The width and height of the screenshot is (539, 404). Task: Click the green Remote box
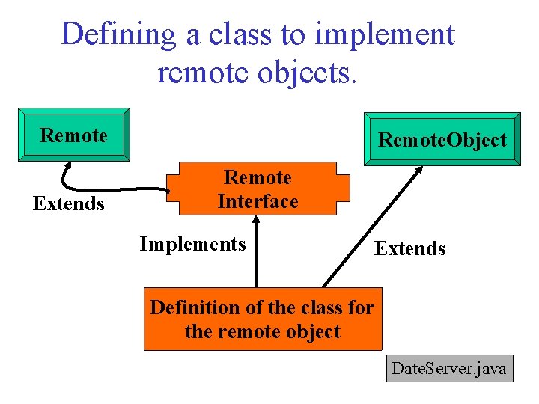tap(74, 135)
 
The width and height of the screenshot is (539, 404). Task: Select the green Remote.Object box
tap(442, 139)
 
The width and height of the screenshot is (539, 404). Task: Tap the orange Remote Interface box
tap(258, 189)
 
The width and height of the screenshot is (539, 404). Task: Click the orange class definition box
tap(262, 319)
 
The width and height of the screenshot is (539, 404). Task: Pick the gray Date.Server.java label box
tap(449, 368)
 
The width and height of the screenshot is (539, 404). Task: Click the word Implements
tap(192, 244)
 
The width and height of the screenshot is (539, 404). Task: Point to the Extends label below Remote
tap(69, 203)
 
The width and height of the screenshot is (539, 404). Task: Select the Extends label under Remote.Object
tap(409, 248)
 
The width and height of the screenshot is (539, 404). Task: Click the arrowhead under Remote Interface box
tap(256, 220)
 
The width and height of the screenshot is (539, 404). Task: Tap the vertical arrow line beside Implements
tap(256, 258)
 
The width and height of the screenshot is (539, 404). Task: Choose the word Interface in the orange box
tap(258, 201)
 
